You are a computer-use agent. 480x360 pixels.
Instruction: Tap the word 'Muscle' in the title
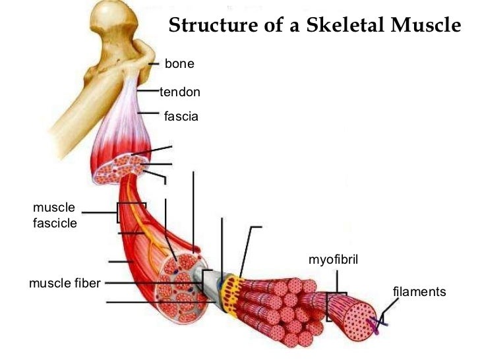point(429,26)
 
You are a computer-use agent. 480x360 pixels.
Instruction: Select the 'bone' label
point(179,64)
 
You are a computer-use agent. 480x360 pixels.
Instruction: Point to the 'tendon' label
point(180,92)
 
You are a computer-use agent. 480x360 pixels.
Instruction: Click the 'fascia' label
point(181,117)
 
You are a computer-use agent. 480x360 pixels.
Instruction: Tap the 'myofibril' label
point(333,259)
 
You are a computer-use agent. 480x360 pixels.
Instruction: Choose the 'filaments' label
point(419,291)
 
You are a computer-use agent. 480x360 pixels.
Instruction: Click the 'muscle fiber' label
point(65,284)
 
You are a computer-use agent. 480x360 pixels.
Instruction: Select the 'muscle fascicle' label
point(55,216)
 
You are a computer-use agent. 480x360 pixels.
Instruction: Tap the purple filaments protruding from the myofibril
point(378,323)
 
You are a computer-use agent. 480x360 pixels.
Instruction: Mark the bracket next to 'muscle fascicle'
point(121,212)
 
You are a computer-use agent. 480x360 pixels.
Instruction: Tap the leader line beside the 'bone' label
point(154,64)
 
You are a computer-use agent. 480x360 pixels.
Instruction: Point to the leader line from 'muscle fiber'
point(132,284)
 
